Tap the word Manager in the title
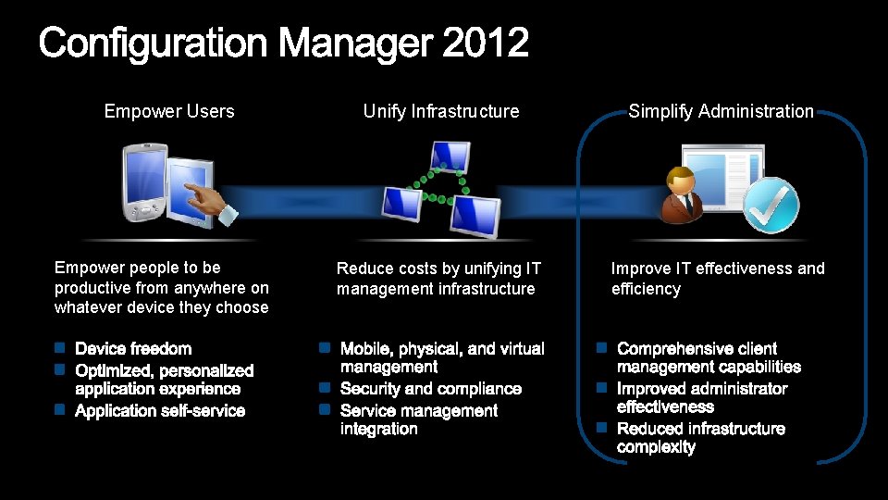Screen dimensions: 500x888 355,44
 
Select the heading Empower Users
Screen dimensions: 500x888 169,111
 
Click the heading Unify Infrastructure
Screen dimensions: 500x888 441,111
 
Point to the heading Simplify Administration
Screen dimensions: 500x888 721,111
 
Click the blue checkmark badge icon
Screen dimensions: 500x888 771,206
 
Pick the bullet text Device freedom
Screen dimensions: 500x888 133,349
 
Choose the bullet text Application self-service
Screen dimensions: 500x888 160,411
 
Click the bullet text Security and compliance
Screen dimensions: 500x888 431,389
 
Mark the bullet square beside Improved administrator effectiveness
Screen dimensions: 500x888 600,387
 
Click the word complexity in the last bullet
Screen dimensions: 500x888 656,447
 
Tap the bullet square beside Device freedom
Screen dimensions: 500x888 59,349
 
